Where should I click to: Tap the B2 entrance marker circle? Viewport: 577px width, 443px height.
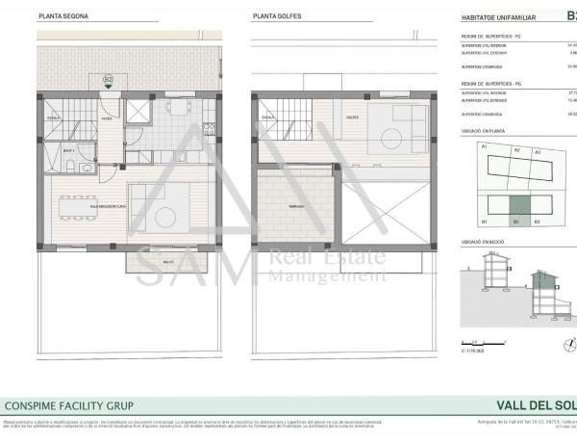click(109, 79)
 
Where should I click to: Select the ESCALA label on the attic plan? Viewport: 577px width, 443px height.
click(266, 118)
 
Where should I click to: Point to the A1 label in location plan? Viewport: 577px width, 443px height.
click(485, 146)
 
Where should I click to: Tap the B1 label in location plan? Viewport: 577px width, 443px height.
click(486, 221)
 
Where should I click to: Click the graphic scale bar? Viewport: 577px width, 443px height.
click(476, 342)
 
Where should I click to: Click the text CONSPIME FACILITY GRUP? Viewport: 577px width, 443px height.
click(69, 405)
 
